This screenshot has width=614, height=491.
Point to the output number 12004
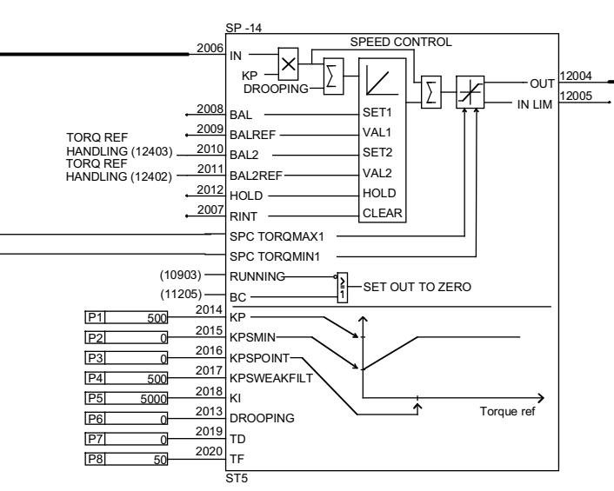(x=575, y=76)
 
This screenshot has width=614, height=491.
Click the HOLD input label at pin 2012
(x=246, y=196)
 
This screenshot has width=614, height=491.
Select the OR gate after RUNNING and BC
(x=341, y=288)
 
